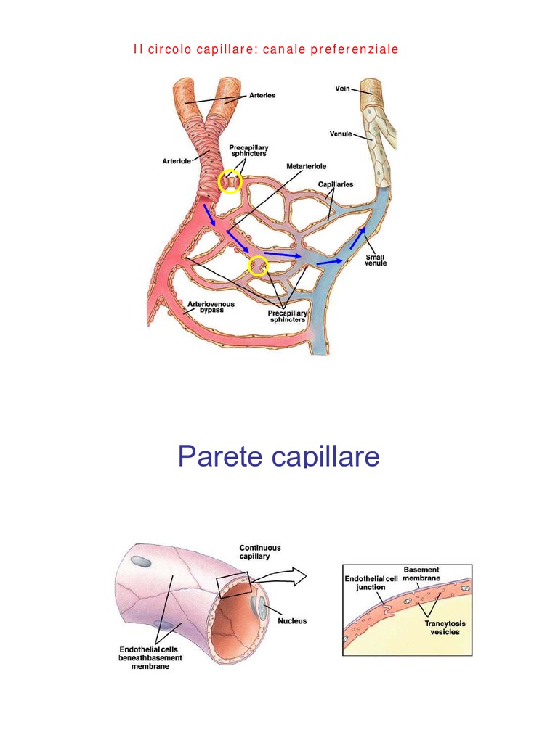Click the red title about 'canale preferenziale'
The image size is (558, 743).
(267, 50)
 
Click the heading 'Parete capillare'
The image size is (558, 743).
(279, 456)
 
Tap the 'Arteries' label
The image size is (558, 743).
(262, 94)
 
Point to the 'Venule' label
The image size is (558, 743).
(341, 134)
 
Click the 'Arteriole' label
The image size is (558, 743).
(177, 161)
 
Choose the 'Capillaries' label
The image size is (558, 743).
(335, 184)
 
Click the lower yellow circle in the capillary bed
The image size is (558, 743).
(258, 266)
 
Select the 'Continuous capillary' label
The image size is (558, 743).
(260, 552)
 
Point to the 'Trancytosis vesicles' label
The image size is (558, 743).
(442, 627)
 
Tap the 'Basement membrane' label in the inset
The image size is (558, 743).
(421, 574)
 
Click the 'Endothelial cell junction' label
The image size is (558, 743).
(371, 583)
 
